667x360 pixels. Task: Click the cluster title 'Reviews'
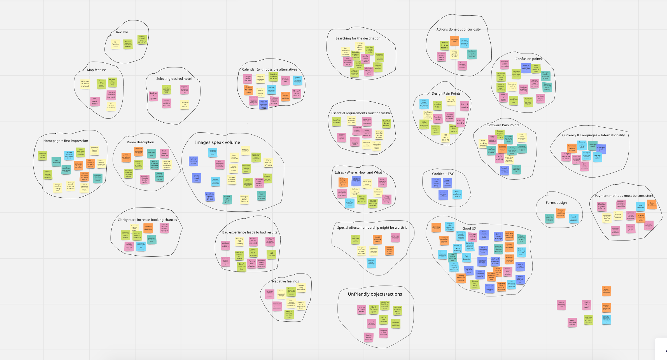[x=122, y=32]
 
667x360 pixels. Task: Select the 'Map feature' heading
[x=96, y=70]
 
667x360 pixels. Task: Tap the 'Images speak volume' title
[x=217, y=142]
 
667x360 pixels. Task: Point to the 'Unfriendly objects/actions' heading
[x=375, y=294]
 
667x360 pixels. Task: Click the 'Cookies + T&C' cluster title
[x=443, y=174]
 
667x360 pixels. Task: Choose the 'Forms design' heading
[x=556, y=203]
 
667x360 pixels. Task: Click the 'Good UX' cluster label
[x=469, y=228]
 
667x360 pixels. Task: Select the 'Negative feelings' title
[x=285, y=281]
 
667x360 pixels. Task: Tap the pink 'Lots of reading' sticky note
[x=464, y=106]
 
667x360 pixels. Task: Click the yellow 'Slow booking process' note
[x=483, y=143]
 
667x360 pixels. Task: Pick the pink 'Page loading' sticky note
[x=499, y=158]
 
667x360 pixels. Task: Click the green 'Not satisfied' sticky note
[x=271, y=254]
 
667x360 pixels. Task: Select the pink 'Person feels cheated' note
[x=251, y=264]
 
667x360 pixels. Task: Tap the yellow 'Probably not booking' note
[x=239, y=241]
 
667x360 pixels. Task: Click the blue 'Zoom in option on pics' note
[x=210, y=197]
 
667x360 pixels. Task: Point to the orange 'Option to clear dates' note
[x=248, y=90]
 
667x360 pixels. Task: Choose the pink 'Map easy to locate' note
[x=95, y=101]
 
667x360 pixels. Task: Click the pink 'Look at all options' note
[x=153, y=96]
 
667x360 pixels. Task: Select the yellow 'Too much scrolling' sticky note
[x=445, y=137]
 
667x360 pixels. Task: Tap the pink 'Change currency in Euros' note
[x=566, y=156]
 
